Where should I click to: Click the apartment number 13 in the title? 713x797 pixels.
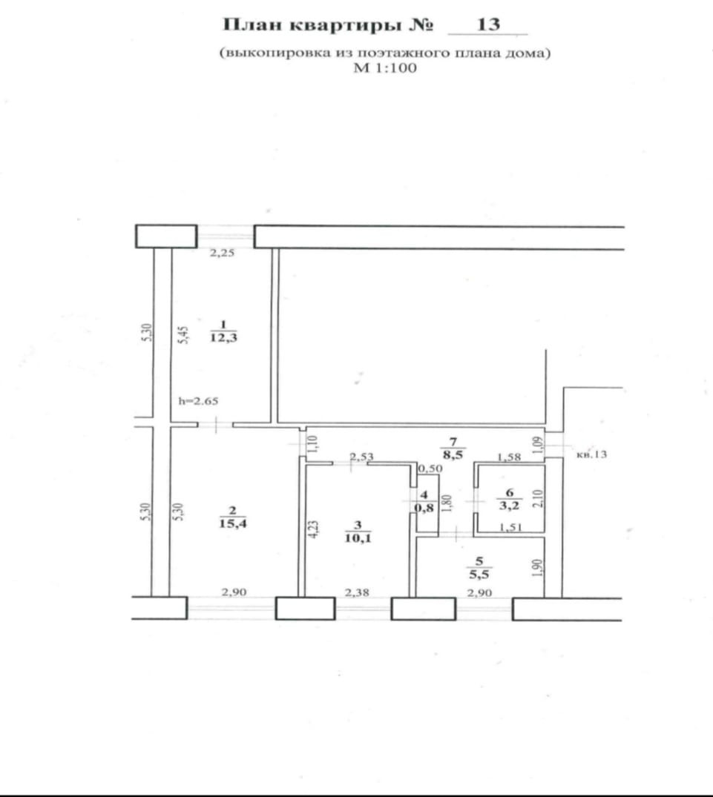point(488,25)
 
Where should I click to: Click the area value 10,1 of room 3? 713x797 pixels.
point(358,539)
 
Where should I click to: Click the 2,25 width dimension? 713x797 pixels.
point(221,254)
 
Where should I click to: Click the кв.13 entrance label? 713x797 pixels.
point(591,455)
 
